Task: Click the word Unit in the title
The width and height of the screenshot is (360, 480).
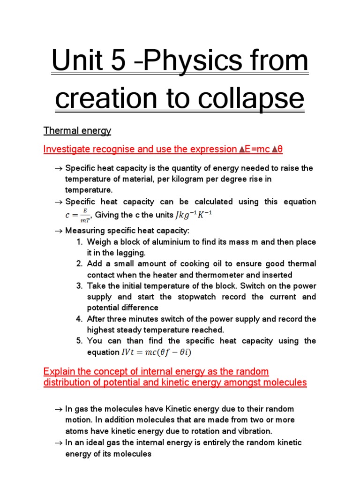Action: pyautogui.click(x=75, y=60)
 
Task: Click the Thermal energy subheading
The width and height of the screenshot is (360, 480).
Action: pyautogui.click(x=77, y=131)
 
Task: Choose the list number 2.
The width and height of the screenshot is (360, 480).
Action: pyautogui.click(x=79, y=264)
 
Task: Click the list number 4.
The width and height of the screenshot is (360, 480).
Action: pyautogui.click(x=79, y=319)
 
